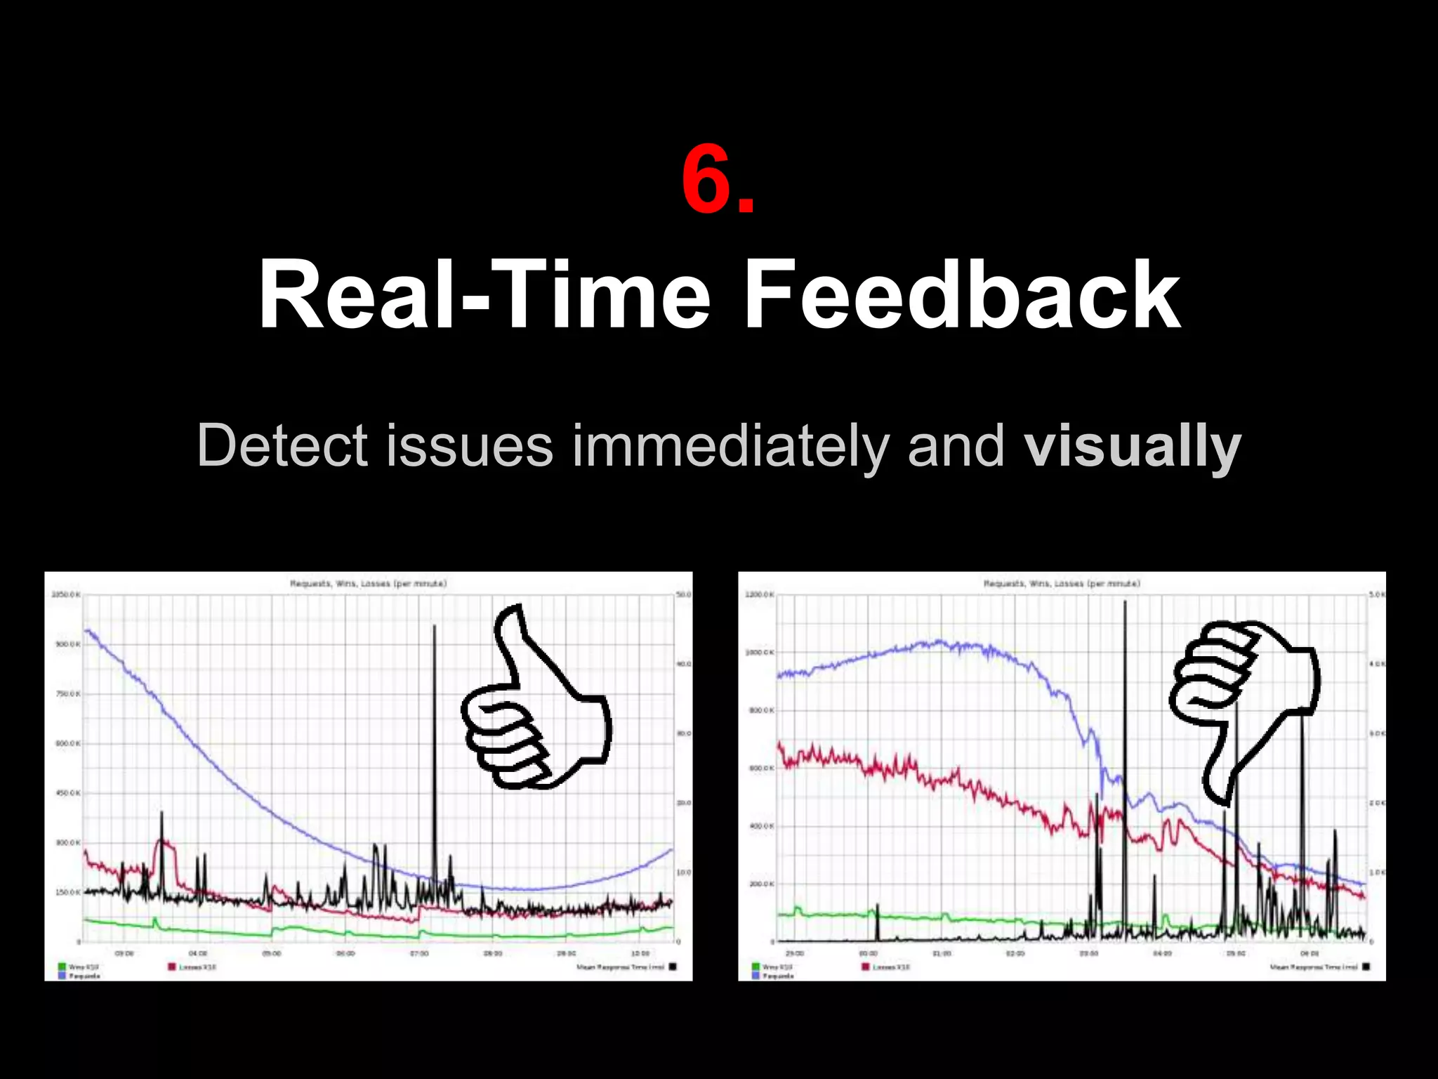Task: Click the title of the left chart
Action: pos(368,583)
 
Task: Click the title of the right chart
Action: pos(1062,583)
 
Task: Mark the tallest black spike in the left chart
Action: pos(434,627)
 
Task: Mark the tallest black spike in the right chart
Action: pos(1125,603)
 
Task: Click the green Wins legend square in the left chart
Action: pos(62,967)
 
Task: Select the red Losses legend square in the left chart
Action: pos(171,967)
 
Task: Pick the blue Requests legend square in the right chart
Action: pos(756,976)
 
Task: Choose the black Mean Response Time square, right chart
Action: pos(1366,967)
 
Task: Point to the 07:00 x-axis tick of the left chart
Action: pos(419,953)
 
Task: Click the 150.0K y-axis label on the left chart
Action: pos(67,892)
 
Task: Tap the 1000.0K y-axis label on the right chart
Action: pos(760,653)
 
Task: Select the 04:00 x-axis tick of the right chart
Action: pos(1162,953)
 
